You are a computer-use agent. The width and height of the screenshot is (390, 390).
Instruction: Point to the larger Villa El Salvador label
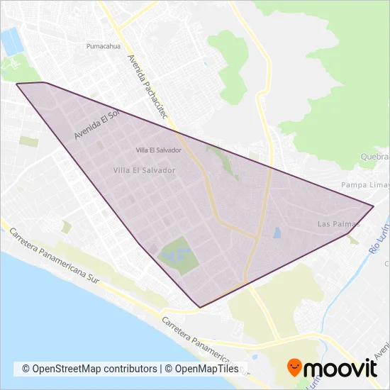coord(144,170)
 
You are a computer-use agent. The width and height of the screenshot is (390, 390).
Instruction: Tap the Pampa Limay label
coord(363,185)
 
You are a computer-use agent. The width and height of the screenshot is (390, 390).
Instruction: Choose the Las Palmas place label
coord(338,224)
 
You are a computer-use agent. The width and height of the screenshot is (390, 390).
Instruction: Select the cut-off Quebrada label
coord(376,157)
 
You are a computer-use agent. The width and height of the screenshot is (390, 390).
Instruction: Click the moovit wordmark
coord(342,368)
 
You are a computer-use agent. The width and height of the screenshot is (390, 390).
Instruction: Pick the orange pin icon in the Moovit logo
coord(295,368)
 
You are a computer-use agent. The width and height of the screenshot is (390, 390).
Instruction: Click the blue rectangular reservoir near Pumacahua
coord(12,43)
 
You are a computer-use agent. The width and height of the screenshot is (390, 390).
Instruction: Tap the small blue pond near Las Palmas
coord(277,232)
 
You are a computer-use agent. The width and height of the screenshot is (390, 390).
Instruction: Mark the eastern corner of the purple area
coord(373,206)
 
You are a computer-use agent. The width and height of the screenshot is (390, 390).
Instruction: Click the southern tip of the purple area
coord(200,307)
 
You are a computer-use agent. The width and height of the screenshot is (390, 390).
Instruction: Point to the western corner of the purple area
coord(17,84)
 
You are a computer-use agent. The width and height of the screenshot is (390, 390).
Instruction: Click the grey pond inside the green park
coord(170,254)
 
